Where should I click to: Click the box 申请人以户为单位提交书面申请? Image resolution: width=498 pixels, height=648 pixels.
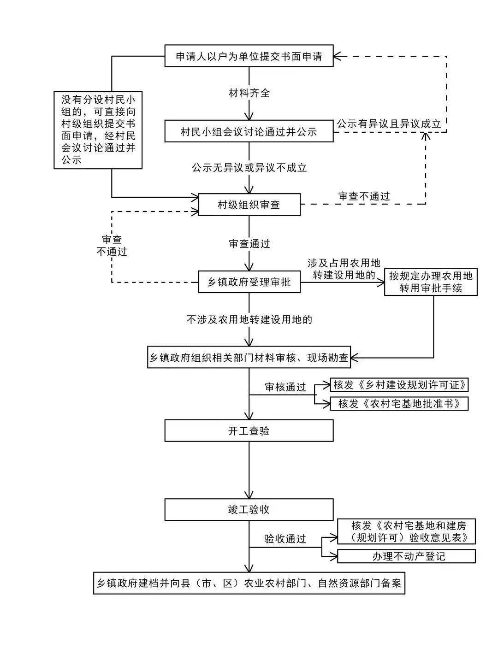point(249,56)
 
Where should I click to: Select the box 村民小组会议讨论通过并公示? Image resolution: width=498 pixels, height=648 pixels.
point(249,131)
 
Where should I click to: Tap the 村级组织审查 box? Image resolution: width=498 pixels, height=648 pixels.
point(249,205)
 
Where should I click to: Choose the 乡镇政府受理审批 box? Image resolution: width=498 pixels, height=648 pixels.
point(249,282)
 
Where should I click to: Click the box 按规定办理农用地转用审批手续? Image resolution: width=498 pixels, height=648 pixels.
point(431,282)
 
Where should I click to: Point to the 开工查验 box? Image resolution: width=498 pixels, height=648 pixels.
point(249,430)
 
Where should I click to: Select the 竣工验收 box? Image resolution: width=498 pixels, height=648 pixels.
point(249,510)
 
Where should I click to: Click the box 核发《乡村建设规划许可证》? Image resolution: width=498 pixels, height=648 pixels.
point(399,385)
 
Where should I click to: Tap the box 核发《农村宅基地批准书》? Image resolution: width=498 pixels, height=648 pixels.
point(399,403)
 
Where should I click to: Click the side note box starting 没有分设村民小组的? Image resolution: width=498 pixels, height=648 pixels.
point(98,130)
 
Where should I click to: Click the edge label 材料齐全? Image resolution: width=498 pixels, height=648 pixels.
point(249,93)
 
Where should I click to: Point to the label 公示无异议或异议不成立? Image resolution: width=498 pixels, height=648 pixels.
point(249,168)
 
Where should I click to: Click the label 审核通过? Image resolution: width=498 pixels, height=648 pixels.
point(285,387)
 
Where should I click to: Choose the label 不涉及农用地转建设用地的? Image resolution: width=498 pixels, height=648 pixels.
point(249,319)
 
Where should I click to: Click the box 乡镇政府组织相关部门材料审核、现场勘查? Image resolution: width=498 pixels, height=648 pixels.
point(249,357)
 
